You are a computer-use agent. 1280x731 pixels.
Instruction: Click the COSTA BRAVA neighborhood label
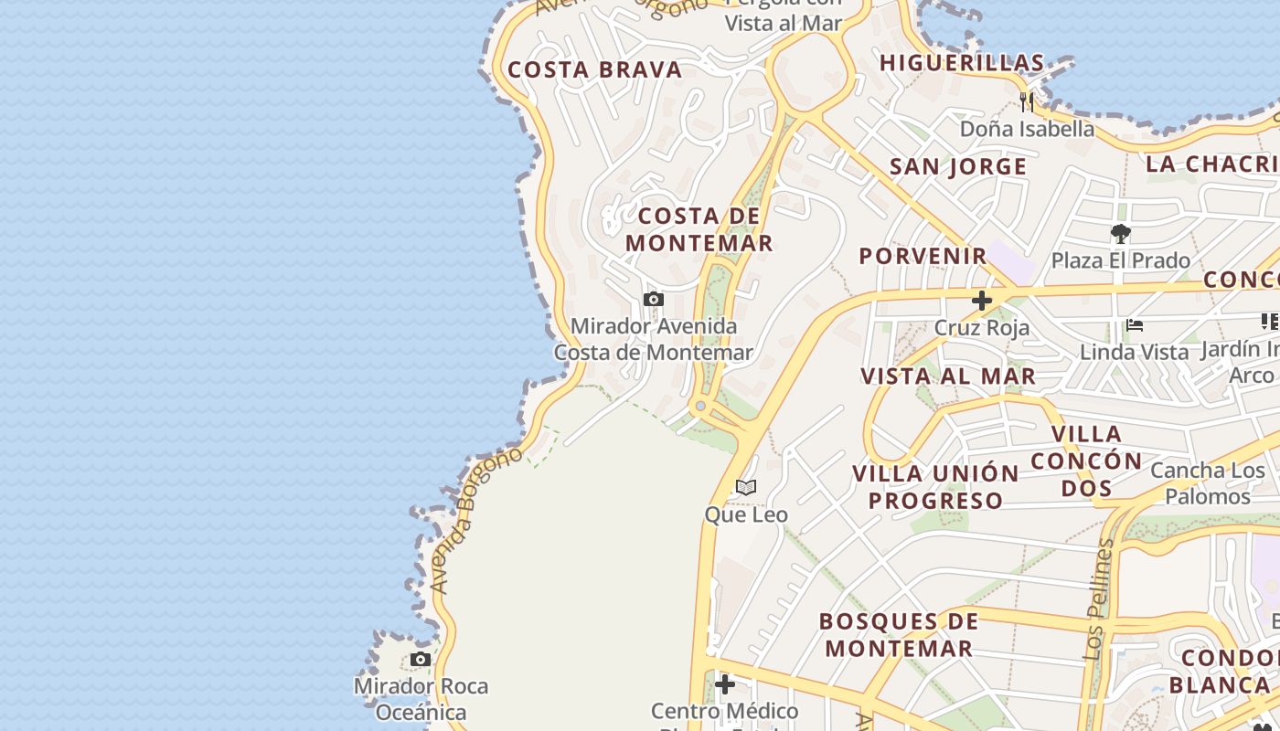coord(595,70)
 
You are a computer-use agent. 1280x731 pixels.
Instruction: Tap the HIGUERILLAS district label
coord(962,63)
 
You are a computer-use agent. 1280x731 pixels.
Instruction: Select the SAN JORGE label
coord(958,166)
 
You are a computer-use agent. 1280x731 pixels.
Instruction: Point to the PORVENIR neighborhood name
coord(923,256)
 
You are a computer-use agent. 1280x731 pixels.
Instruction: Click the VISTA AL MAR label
coord(948,376)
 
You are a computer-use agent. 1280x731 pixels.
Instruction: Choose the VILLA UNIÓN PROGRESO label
coord(935,487)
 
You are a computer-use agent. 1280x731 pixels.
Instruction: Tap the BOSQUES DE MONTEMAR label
coord(899,635)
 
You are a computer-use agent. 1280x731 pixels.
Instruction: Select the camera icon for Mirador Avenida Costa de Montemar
coord(653,299)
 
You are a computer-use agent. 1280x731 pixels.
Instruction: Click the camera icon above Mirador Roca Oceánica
coord(421,659)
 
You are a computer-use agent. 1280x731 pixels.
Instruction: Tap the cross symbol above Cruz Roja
coord(982,301)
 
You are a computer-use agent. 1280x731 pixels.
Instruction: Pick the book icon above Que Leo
coord(746,487)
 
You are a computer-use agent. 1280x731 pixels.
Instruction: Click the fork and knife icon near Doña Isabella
coord(1028,101)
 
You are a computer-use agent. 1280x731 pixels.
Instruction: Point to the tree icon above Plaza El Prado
coord(1121,234)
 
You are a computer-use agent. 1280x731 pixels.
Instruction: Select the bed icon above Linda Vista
coord(1135,324)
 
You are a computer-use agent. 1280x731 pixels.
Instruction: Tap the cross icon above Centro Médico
coord(725,683)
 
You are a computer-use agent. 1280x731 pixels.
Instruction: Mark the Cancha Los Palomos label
coord(1207,483)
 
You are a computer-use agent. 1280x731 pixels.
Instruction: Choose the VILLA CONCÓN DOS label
coord(1087,461)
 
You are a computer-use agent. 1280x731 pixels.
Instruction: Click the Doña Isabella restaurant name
coord(1027,129)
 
